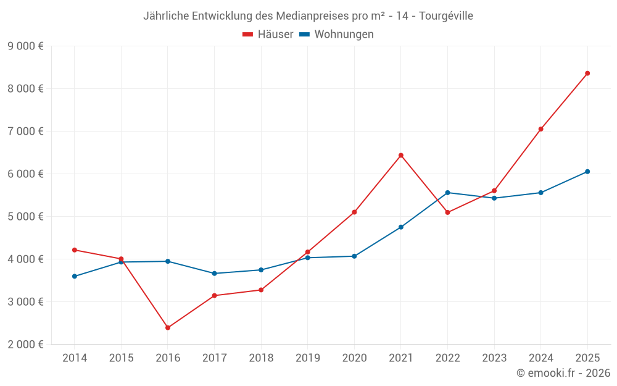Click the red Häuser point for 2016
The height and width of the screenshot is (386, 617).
168,327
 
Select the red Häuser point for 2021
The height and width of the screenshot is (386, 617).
401,155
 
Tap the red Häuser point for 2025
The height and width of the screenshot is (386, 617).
587,73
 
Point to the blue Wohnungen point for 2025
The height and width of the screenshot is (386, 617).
587,172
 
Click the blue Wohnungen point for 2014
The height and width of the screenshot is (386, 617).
75,276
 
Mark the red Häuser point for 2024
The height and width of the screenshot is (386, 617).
540,129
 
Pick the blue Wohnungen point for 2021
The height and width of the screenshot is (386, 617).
401,227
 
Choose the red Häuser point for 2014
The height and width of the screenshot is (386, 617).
75,250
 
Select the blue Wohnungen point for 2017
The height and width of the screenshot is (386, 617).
214,273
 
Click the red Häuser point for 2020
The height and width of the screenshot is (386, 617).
354,212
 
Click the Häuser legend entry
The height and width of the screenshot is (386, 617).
268,35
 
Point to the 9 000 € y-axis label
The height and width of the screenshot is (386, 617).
26,46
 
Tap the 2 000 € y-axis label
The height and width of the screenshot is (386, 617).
26,345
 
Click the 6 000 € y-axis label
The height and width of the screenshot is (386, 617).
26,174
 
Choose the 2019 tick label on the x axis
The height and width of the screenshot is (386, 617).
307,358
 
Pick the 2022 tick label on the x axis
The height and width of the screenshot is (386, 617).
447,358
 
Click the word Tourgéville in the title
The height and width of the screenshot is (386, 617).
446,16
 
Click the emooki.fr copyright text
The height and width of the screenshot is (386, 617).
563,373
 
